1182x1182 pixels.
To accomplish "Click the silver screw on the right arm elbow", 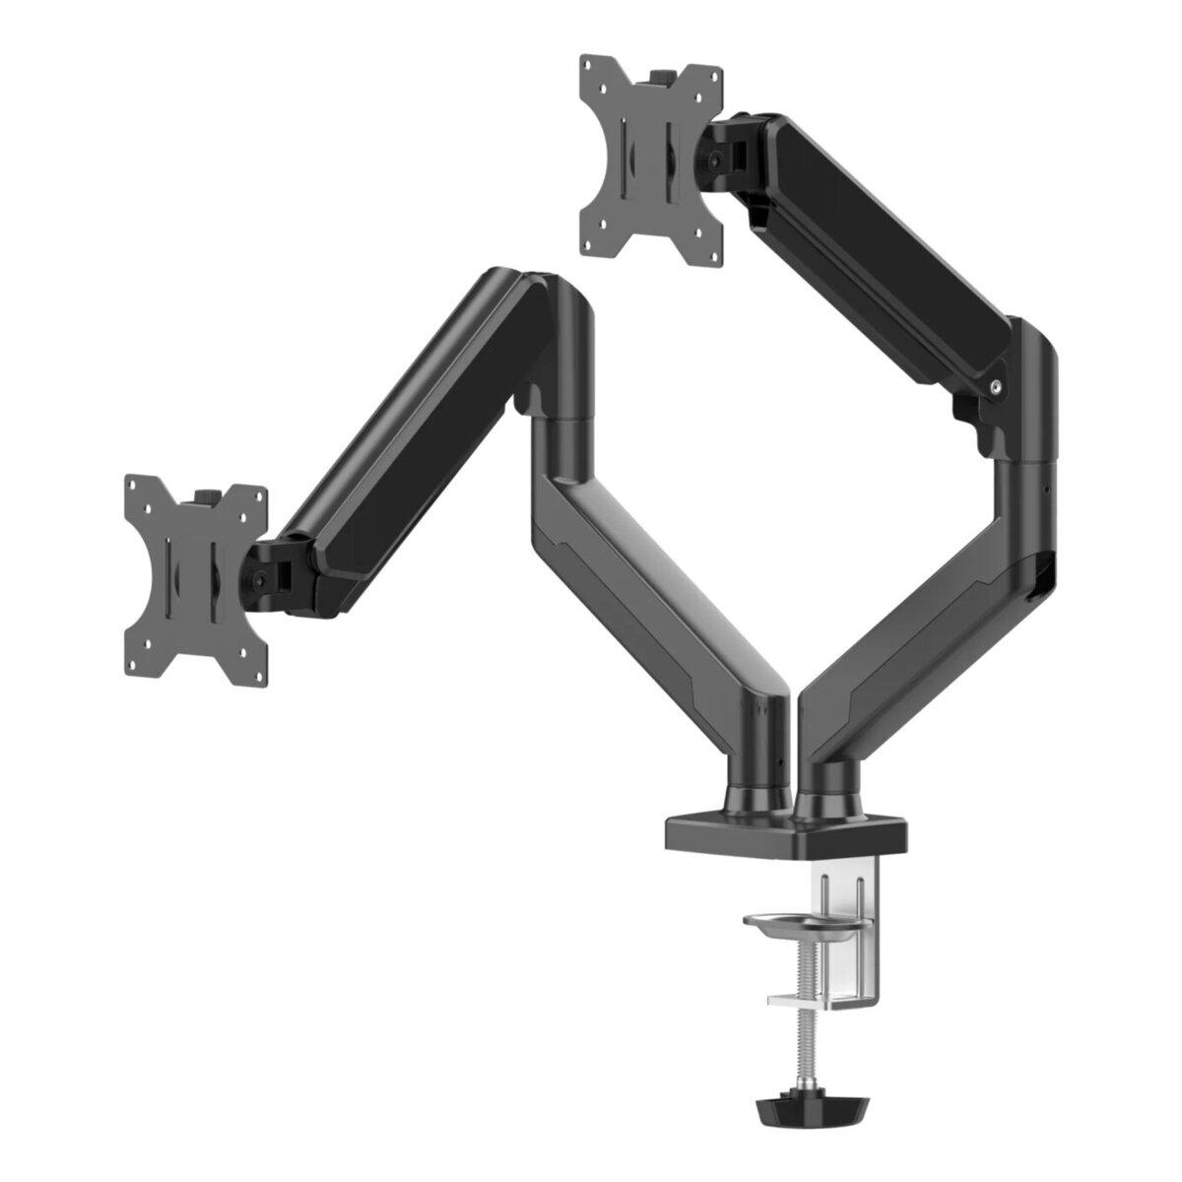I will point(998,387).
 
